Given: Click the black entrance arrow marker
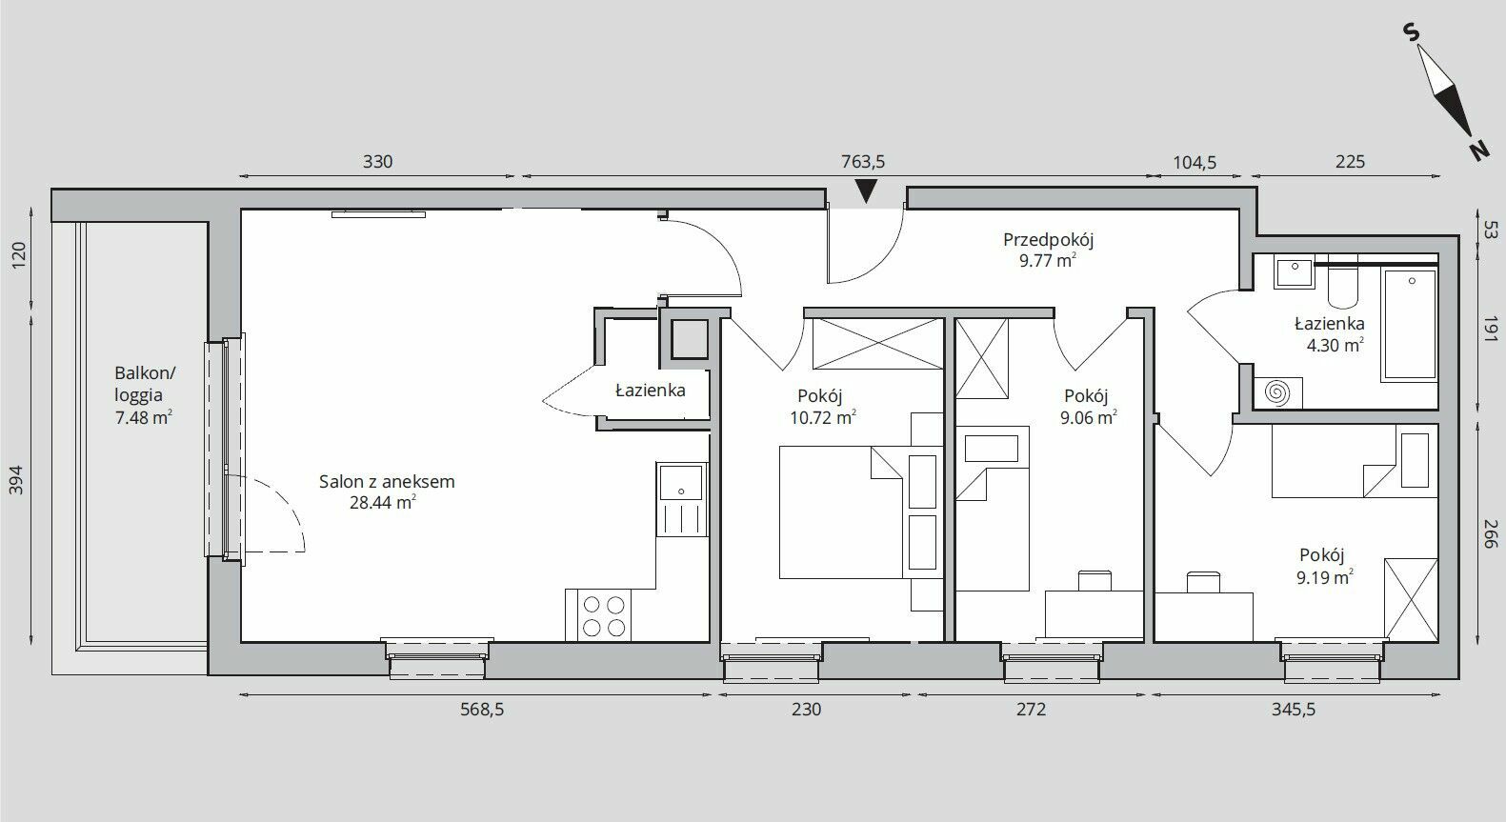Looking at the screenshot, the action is click(867, 191).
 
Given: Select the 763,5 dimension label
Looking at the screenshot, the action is click(863, 162).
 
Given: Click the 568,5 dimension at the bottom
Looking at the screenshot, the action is click(481, 710).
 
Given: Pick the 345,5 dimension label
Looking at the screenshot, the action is click(1293, 710).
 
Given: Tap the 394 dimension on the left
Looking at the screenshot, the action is click(17, 480).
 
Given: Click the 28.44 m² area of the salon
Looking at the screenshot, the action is click(383, 502).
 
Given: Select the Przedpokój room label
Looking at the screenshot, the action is click(1049, 239).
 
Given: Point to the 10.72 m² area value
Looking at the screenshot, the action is click(823, 418).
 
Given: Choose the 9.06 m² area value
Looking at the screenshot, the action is click(1089, 418).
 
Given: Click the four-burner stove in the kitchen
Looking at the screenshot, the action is click(598, 615).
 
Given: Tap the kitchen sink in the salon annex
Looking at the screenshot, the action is click(682, 499).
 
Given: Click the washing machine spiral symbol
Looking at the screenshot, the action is click(1277, 392).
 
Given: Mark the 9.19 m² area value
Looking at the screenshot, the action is click(1325, 577).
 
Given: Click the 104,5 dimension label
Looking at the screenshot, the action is click(1195, 162).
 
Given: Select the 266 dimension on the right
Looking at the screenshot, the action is click(1490, 534).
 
